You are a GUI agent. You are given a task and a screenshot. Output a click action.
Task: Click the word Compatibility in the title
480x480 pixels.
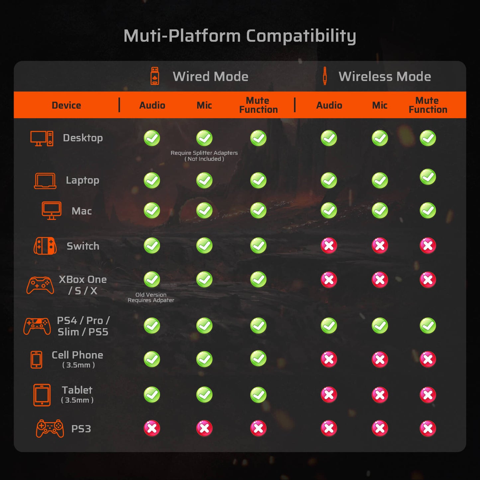301,36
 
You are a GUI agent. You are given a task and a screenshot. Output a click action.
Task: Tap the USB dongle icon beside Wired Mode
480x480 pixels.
155,76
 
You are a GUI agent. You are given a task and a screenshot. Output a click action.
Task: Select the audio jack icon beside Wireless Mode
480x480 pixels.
325,76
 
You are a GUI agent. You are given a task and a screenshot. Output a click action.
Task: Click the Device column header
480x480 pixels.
66,105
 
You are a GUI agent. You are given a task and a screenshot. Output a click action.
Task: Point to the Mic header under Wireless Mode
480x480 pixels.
380,105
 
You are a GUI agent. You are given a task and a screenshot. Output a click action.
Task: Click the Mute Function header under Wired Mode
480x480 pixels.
258,105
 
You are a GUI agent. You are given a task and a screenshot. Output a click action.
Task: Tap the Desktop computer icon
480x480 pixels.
42,138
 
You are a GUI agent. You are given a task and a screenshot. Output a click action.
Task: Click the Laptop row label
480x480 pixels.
82,180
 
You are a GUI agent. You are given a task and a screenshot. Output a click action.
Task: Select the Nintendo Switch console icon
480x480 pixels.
45,246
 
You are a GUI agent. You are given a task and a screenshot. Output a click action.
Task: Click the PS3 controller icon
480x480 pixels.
50,429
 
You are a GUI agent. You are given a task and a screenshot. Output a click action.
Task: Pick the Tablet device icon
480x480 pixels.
42,395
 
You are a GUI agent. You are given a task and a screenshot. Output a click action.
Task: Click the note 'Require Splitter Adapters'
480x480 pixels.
204,153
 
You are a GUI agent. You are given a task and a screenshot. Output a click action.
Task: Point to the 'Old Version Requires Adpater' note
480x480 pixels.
151,297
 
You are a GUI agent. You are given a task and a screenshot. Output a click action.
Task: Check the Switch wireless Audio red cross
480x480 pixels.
329,245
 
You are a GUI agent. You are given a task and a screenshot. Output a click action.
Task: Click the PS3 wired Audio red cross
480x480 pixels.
152,429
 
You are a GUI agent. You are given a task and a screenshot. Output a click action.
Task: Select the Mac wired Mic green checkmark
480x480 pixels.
204,211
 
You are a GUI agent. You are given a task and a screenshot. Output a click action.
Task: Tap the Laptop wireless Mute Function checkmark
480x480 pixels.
428,177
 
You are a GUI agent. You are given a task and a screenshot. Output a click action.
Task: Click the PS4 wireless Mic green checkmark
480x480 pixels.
380,326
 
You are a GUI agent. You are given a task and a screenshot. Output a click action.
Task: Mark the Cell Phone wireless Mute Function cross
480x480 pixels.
428,359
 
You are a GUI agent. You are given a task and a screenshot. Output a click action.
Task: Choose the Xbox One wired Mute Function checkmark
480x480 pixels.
258,279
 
